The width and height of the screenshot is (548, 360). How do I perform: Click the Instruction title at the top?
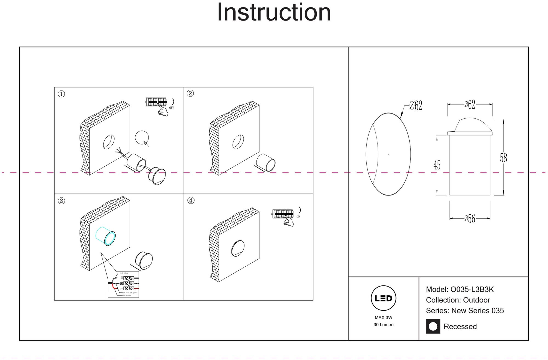click(x=274, y=13)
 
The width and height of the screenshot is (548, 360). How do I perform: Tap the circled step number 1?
click(x=61, y=94)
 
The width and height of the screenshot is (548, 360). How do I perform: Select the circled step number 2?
click(x=190, y=93)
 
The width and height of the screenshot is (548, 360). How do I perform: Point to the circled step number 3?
click(x=61, y=201)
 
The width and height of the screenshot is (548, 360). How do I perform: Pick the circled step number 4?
click(x=191, y=200)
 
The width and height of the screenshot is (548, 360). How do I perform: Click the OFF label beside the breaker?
click(x=172, y=108)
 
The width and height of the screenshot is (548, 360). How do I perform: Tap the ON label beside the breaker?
click(x=298, y=216)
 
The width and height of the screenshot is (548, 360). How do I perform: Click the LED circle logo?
click(x=383, y=298)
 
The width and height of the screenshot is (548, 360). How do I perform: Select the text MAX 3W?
click(x=383, y=318)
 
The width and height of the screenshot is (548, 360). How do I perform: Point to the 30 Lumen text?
click(x=383, y=325)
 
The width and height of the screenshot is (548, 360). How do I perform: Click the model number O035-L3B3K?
click(x=472, y=290)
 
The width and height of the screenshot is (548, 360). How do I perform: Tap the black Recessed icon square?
click(x=433, y=326)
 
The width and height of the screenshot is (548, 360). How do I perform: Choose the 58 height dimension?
click(x=503, y=158)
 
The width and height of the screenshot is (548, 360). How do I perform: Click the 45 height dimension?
click(x=437, y=165)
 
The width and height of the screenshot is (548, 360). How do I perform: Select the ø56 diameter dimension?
click(x=470, y=219)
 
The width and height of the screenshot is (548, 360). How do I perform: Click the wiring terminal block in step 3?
click(x=128, y=283)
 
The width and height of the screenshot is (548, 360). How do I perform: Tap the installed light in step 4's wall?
click(x=238, y=249)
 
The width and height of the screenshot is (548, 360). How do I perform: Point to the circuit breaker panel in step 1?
click(x=156, y=102)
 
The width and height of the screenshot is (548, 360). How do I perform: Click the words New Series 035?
click(x=477, y=311)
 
